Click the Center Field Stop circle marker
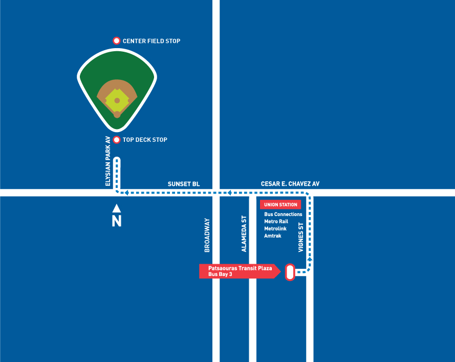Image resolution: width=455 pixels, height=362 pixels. (x=116, y=41)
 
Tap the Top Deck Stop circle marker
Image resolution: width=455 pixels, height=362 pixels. (x=116, y=140)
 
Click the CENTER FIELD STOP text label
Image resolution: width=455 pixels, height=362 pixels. (x=151, y=41)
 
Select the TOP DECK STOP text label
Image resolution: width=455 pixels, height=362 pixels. (x=145, y=140)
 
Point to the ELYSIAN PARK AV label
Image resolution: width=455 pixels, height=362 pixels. (x=108, y=161)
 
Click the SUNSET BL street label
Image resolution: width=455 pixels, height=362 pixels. (x=184, y=184)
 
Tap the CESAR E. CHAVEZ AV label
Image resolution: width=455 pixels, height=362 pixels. (x=290, y=184)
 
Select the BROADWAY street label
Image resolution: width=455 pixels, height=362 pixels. (x=207, y=235)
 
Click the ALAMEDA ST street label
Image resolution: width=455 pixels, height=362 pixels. (x=244, y=233)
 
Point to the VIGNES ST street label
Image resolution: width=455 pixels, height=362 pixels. (x=301, y=237)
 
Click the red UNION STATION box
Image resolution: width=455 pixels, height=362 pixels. (x=280, y=205)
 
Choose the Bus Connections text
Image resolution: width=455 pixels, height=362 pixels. (x=283, y=215)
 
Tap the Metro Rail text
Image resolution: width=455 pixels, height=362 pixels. (x=276, y=222)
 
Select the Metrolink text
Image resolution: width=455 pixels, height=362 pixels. (x=275, y=229)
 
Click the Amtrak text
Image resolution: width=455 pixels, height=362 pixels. (x=273, y=236)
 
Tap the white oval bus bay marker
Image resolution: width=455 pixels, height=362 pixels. (x=289, y=272)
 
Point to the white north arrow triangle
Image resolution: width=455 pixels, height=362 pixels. (x=117, y=208)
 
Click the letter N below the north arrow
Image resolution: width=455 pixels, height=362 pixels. (x=117, y=221)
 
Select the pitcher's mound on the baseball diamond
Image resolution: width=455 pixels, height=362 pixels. (x=117, y=100)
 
